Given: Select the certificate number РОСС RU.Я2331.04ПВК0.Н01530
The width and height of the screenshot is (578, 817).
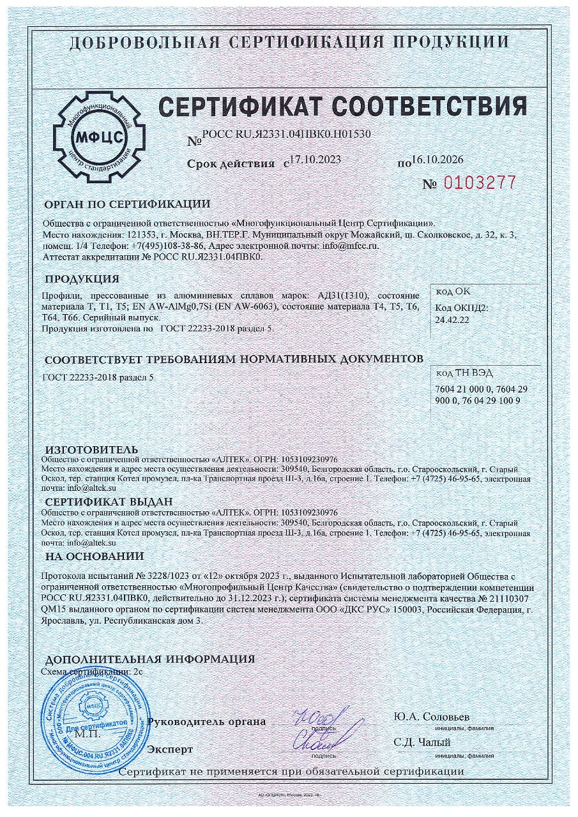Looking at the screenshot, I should (x=286, y=135).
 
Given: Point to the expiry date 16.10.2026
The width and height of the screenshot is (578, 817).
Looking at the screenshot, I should (x=437, y=160).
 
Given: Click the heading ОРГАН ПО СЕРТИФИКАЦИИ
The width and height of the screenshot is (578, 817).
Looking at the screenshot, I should (x=126, y=204).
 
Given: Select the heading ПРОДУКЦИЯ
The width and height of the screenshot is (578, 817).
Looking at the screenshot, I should (x=82, y=279).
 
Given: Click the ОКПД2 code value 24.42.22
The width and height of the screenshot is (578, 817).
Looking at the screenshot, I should (x=452, y=320).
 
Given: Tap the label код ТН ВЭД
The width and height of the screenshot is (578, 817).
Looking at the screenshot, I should (x=464, y=373).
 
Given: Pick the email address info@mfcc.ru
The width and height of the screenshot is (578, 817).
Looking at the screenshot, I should (x=351, y=246).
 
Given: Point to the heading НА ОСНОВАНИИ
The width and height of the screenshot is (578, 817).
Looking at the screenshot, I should (x=95, y=556).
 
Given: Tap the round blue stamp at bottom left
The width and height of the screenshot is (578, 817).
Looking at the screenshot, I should (x=95, y=720).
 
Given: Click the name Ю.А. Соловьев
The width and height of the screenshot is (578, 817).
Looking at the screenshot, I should (x=432, y=717).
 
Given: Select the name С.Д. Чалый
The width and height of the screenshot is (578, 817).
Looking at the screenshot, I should (x=423, y=742).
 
